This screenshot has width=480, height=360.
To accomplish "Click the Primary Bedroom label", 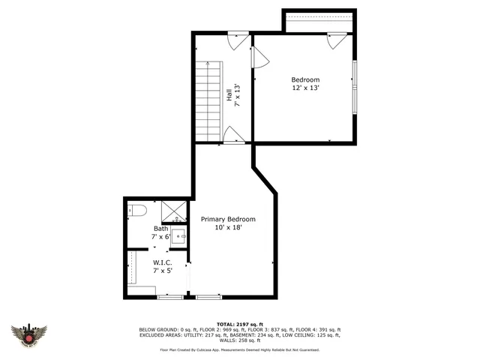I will [228, 220].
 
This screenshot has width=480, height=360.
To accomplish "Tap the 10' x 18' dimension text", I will [228, 228].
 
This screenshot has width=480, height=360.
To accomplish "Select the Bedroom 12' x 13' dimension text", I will [305, 88].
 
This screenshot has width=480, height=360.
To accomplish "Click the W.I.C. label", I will [163, 262].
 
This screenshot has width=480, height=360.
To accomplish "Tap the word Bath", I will [160, 229].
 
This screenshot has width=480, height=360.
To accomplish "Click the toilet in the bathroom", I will [135, 211].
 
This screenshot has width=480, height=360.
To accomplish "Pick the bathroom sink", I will [178, 237].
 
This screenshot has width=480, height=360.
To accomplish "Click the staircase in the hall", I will [208, 100].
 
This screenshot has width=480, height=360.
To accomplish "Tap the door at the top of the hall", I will [238, 39].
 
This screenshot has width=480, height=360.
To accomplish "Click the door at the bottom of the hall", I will [234, 136].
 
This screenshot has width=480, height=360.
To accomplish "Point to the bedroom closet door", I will [335, 40].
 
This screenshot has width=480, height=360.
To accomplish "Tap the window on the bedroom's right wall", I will [355, 86].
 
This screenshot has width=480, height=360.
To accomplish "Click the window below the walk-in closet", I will [170, 298].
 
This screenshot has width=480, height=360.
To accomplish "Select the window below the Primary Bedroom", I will [208, 298].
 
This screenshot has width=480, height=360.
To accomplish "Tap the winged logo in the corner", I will [29, 335].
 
